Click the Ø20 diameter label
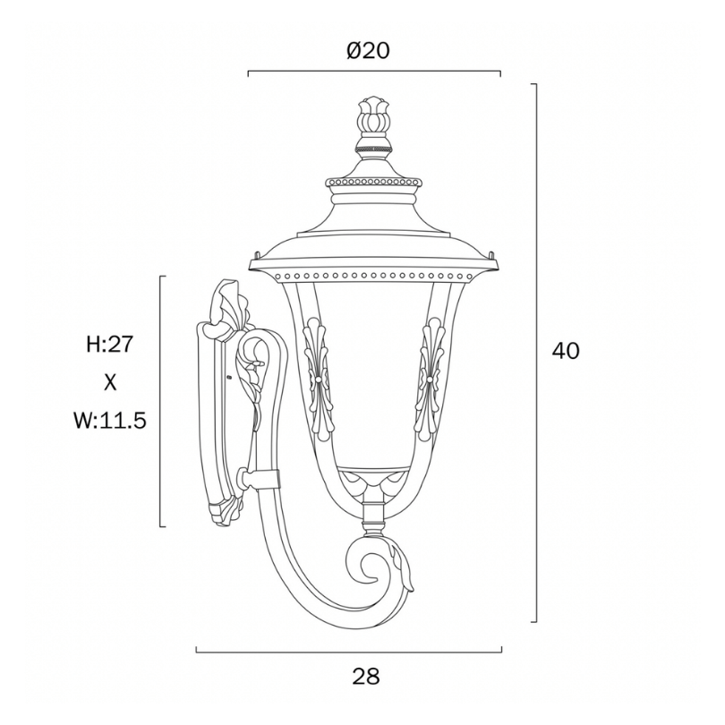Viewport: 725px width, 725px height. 368,50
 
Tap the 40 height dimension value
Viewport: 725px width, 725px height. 565,351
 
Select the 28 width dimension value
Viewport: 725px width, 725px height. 366,677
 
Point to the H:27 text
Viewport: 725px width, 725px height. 109,344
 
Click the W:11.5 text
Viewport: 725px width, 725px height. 110,421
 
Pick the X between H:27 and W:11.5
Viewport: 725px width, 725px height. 110,382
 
